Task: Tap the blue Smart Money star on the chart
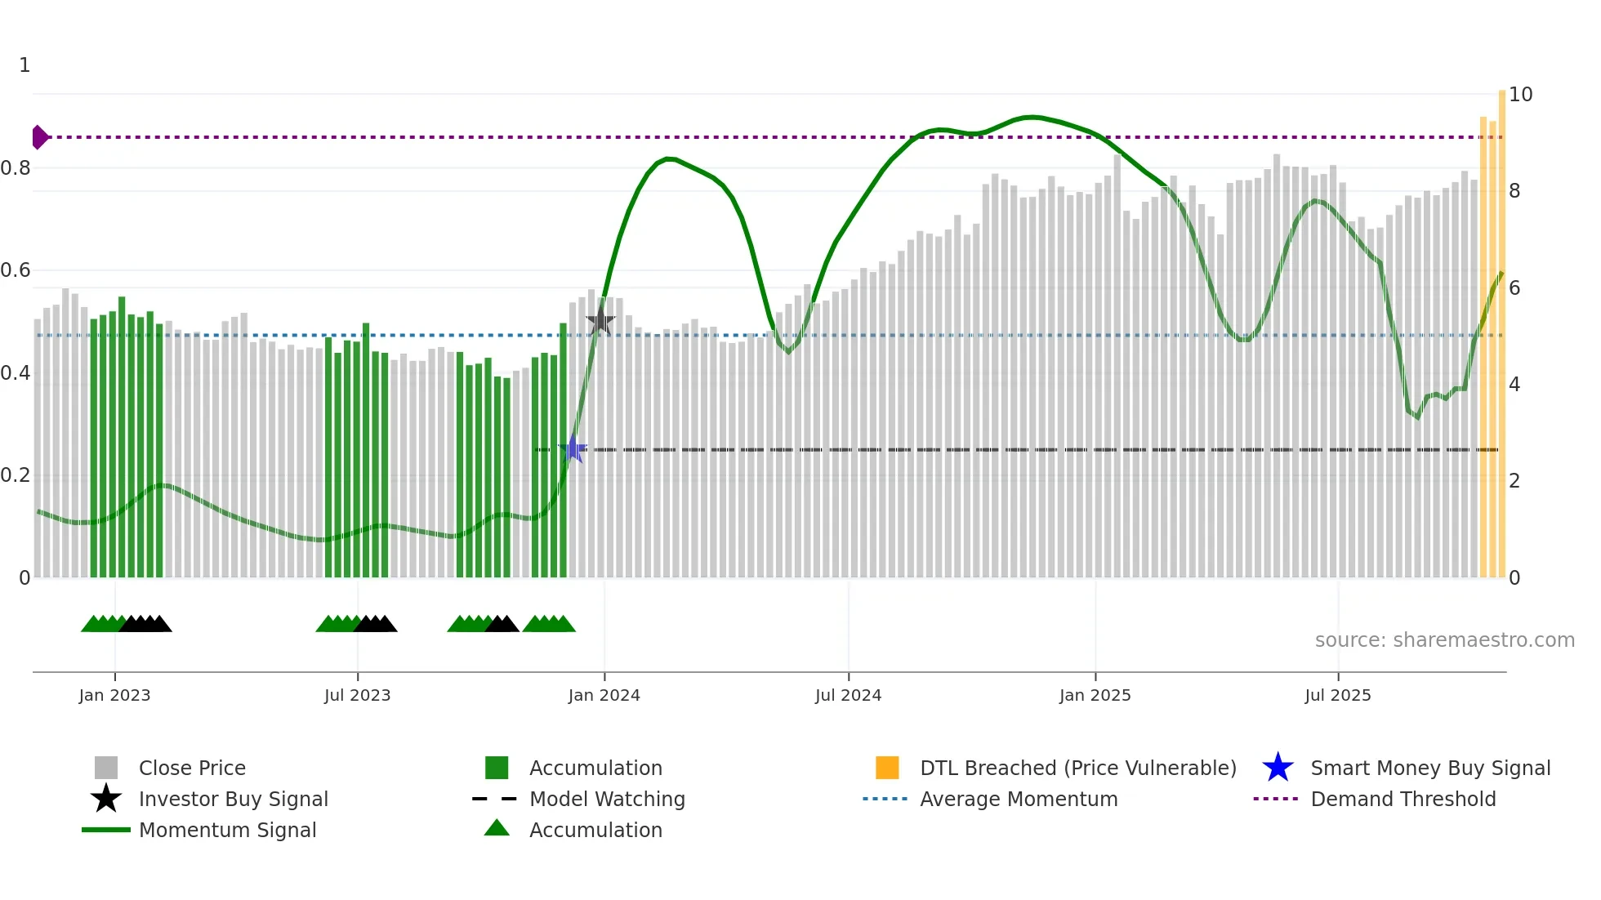[x=573, y=449]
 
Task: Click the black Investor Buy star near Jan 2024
[x=600, y=321]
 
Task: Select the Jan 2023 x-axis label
[x=114, y=695]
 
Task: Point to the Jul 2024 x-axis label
[x=848, y=695]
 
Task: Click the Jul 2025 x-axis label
[x=1337, y=695]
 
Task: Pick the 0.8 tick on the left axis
[x=16, y=168]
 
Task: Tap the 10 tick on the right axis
[x=1520, y=95]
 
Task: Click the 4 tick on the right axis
[x=1514, y=385]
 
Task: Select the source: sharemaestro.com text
[x=1444, y=640]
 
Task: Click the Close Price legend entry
[x=192, y=768]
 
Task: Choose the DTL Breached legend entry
[x=1077, y=768]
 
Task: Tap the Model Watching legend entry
[x=606, y=799]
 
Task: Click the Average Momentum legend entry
[x=1018, y=799]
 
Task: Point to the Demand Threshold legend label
[x=1403, y=799]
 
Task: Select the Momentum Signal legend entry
[x=227, y=830]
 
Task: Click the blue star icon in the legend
[x=1278, y=768]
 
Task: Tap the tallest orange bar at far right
[x=1501, y=327]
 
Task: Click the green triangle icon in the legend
[x=497, y=829]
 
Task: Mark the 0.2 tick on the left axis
[x=16, y=475]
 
